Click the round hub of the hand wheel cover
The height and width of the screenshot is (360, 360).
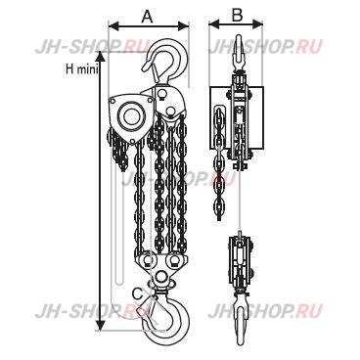[126, 114]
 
